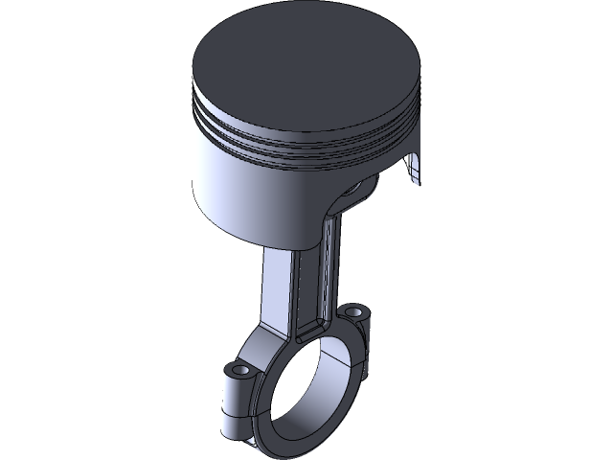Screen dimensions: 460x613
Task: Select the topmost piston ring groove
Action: [x=287, y=123]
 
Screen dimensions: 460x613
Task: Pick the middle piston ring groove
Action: [x=287, y=136]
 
